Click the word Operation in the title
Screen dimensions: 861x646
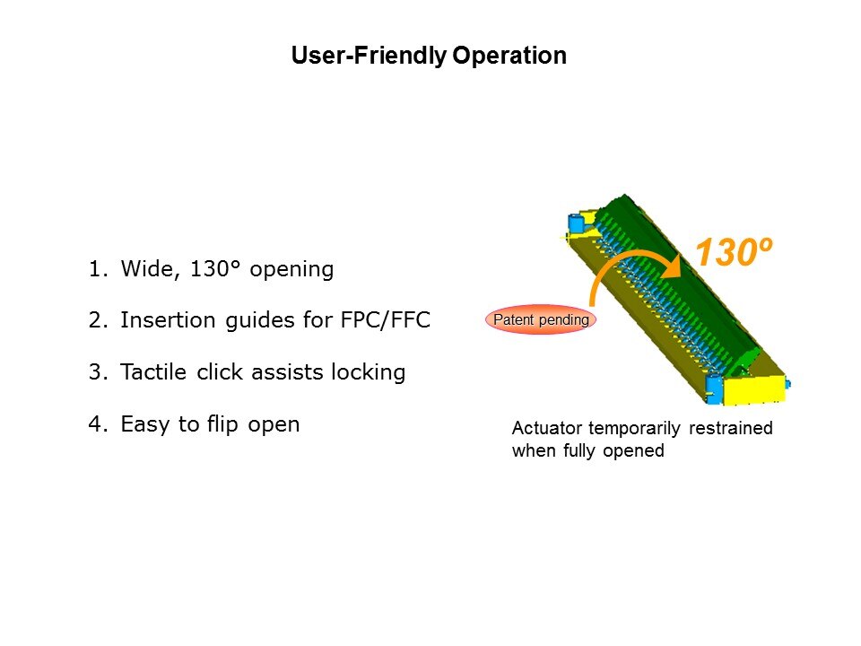[509, 56]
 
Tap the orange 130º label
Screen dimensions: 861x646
[734, 251]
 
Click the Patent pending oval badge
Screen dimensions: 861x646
[541, 319]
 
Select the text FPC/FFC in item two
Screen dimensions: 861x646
[386, 319]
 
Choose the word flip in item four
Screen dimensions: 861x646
[222, 424]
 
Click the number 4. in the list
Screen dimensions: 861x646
[98, 424]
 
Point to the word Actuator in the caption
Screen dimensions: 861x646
[547, 428]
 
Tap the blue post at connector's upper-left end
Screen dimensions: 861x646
[575, 223]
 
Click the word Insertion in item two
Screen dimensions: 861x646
[168, 319]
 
